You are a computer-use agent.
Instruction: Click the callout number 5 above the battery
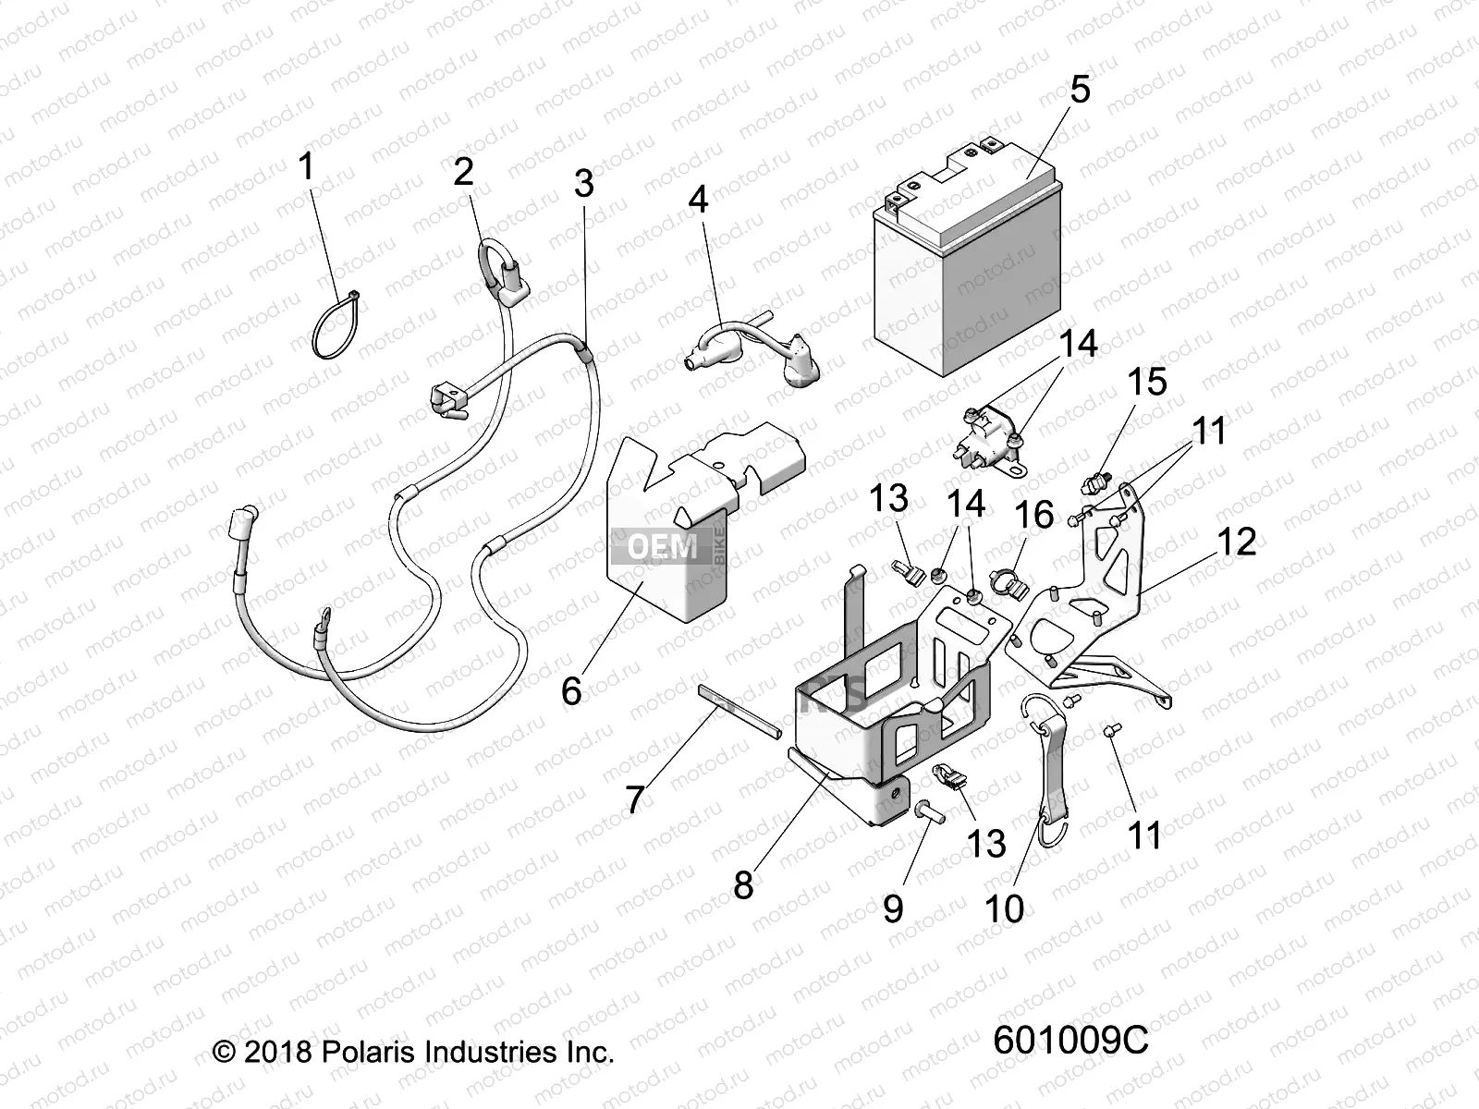[1080, 90]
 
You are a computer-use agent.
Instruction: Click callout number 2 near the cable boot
[463, 171]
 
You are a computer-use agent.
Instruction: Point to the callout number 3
[583, 183]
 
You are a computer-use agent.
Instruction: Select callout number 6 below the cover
[571, 689]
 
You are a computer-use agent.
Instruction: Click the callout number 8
[743, 885]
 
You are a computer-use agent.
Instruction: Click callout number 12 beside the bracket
[1237, 542]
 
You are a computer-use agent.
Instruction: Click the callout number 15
[1146, 382]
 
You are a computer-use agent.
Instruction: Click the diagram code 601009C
[1070, 1041]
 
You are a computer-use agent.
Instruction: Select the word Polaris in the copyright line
[369, 1052]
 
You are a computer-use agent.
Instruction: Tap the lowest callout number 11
[1144, 835]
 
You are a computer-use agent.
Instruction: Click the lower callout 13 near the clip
[986, 843]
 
